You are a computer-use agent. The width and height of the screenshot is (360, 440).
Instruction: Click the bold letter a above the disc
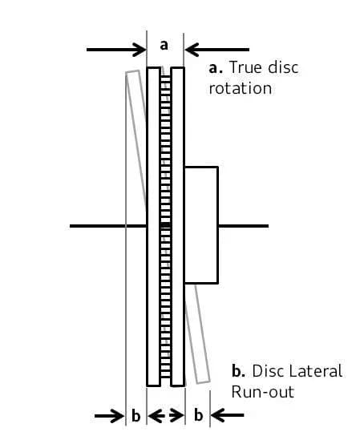(x=164, y=45)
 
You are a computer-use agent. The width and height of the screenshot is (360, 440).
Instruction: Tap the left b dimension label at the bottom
(x=136, y=415)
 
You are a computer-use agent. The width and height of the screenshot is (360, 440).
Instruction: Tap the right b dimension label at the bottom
(x=198, y=414)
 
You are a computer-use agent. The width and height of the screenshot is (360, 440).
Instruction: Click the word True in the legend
(x=246, y=67)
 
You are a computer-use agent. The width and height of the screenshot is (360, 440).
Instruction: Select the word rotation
(x=241, y=89)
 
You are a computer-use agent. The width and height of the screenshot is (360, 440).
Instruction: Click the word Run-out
(x=263, y=392)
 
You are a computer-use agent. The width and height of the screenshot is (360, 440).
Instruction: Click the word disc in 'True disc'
(x=283, y=67)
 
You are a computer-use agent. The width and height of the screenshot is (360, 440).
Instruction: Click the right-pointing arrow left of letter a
(x=116, y=50)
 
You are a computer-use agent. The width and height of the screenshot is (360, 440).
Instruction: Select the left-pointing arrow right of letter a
(x=216, y=50)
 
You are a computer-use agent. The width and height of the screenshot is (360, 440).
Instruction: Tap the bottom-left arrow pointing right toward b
(x=110, y=416)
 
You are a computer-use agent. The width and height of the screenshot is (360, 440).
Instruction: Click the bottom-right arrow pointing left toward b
(x=227, y=415)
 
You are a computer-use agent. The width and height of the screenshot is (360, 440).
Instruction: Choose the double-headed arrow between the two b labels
(x=166, y=416)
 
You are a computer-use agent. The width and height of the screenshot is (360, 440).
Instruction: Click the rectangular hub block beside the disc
(x=201, y=225)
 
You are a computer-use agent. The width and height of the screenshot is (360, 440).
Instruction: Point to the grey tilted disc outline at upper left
(x=136, y=138)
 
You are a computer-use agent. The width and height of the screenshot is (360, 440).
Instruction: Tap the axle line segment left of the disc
(x=108, y=226)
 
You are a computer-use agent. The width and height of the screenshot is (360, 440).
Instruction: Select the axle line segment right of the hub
(x=244, y=226)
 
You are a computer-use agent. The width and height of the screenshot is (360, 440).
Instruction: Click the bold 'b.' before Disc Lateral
(x=239, y=370)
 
